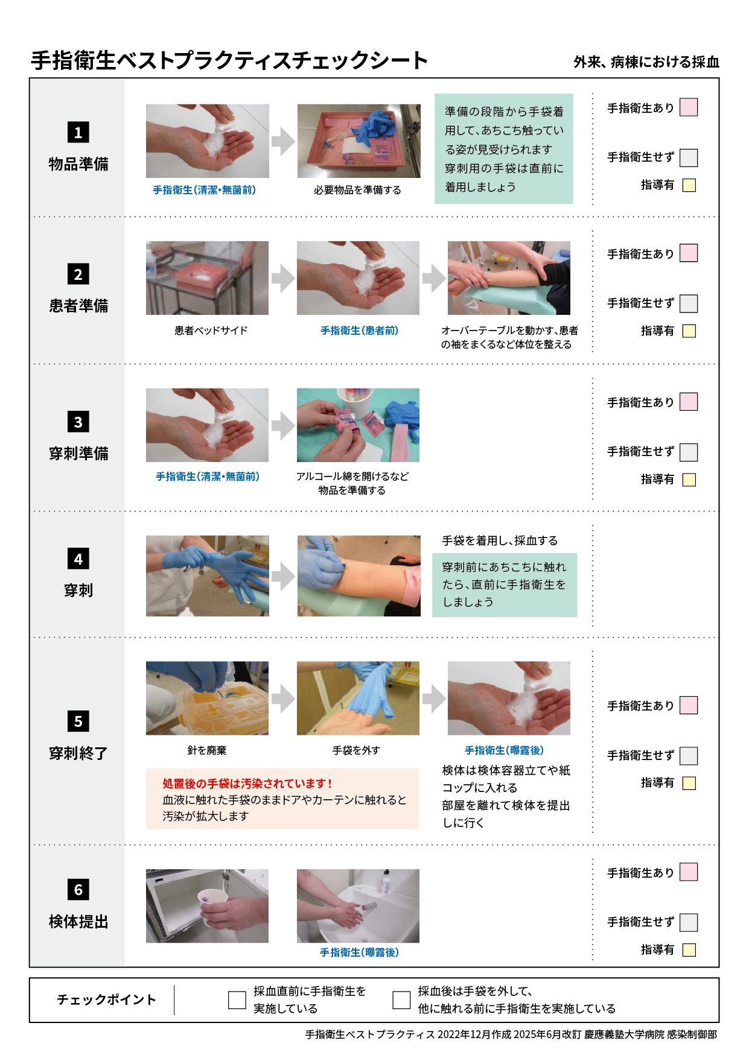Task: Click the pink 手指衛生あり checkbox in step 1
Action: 688,107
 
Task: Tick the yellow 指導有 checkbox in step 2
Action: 689,331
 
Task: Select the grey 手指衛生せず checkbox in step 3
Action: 688,452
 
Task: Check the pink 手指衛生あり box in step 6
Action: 688,872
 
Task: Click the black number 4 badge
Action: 78,559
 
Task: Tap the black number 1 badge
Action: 78,132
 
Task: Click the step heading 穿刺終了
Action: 78,753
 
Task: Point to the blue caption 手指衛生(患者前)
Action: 359,331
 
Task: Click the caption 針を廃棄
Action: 206,750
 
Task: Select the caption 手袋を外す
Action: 356,750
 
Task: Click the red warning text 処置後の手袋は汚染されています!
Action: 247,784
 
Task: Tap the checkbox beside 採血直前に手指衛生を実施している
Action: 237,999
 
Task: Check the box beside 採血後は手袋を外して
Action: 401,999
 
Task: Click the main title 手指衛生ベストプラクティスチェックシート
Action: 229,60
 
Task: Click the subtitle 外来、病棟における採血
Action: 646,62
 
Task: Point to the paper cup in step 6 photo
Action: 212,900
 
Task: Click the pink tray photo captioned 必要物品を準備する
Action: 359,141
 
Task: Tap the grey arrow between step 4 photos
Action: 282,577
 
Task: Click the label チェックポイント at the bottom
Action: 106,999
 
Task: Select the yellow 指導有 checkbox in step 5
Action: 689,783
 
